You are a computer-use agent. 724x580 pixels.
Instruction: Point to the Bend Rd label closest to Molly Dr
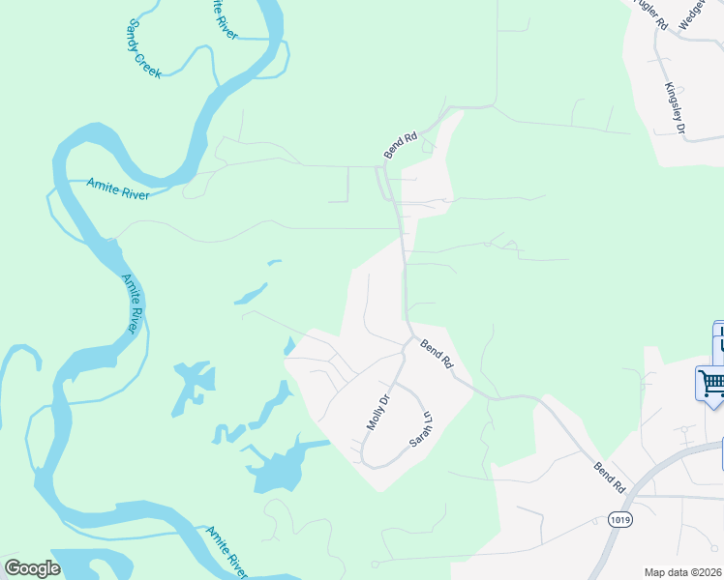click(x=437, y=354)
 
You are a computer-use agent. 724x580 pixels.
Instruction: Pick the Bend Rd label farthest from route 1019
click(x=399, y=144)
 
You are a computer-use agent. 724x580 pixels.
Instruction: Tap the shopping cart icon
click(x=711, y=383)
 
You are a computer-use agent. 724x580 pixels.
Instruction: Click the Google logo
click(x=32, y=568)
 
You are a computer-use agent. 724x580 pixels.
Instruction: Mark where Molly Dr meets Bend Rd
click(x=404, y=342)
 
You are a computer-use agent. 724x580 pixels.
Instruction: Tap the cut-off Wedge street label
click(x=693, y=14)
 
